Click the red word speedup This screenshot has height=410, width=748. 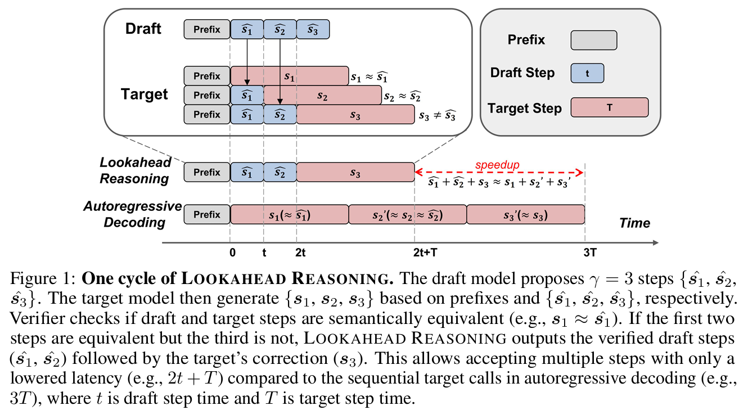[x=497, y=165]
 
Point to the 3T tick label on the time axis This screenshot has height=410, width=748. [x=589, y=253]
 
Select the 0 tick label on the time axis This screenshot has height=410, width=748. [x=232, y=253]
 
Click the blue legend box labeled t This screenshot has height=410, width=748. [x=587, y=73]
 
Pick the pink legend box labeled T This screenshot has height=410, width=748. [x=609, y=107]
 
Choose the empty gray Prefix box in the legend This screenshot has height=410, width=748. [x=593, y=40]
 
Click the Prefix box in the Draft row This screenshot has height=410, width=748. [x=207, y=30]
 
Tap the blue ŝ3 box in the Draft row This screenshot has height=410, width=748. [x=313, y=30]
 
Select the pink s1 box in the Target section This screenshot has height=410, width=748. [x=290, y=76]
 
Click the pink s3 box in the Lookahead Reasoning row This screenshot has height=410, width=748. [x=355, y=173]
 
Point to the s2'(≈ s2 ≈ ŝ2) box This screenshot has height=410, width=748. [x=408, y=215]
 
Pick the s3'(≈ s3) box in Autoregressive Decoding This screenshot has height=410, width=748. [x=525, y=215]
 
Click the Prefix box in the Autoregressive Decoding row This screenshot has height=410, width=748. [x=207, y=215]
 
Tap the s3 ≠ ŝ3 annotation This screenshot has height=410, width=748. [x=437, y=116]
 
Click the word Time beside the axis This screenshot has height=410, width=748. [x=634, y=223]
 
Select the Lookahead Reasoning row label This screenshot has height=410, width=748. [x=134, y=171]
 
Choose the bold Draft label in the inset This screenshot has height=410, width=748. [x=143, y=29]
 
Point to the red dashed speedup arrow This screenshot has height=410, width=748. [x=540, y=173]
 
